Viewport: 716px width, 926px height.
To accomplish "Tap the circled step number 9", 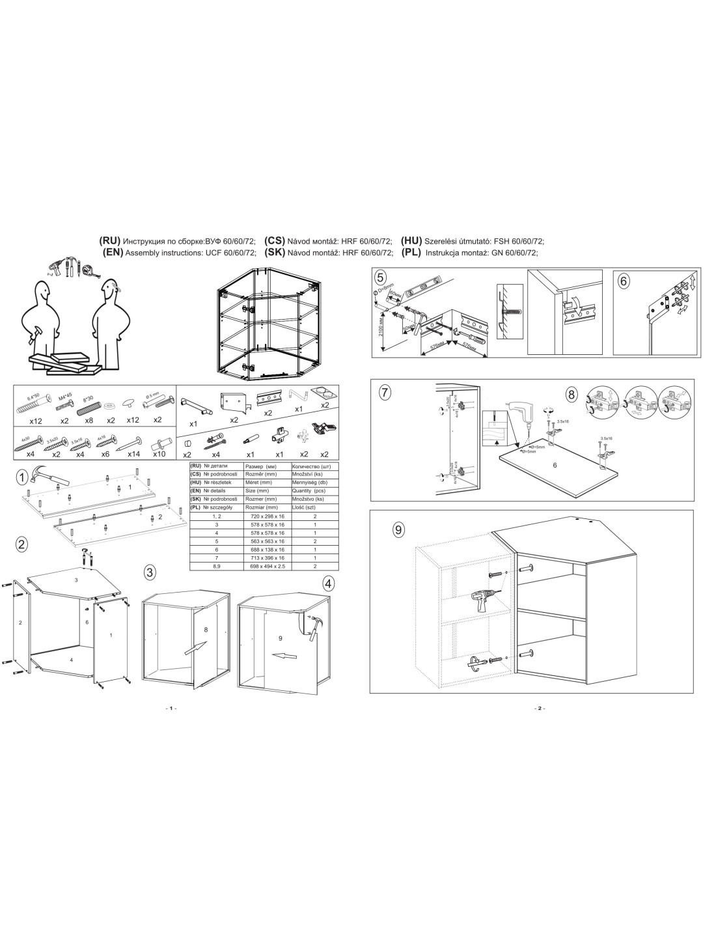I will coord(398,529).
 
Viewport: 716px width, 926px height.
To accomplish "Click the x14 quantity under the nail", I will coord(134,453).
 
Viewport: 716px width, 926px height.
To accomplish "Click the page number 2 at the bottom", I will coord(539,708).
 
